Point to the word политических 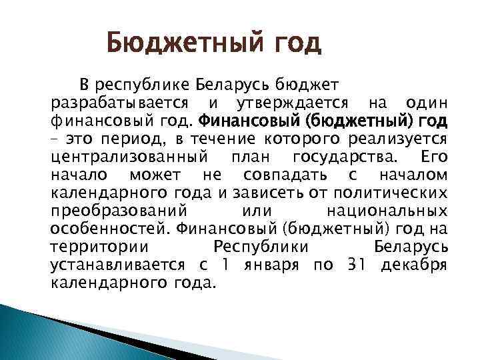pos(390,193)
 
